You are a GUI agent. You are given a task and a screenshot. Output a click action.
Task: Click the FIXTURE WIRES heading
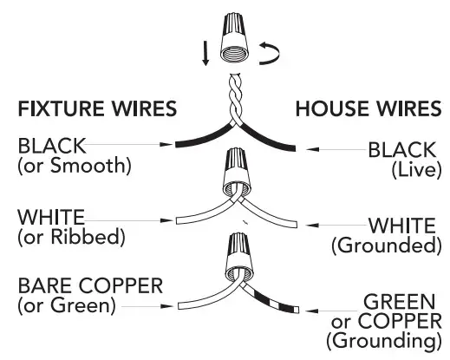[x=97, y=110]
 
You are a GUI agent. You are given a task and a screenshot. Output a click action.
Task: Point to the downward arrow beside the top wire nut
[x=205, y=53]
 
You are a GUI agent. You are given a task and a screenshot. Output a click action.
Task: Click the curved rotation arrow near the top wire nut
[x=268, y=56]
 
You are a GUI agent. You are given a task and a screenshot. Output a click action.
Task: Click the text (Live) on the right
[x=408, y=168]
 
